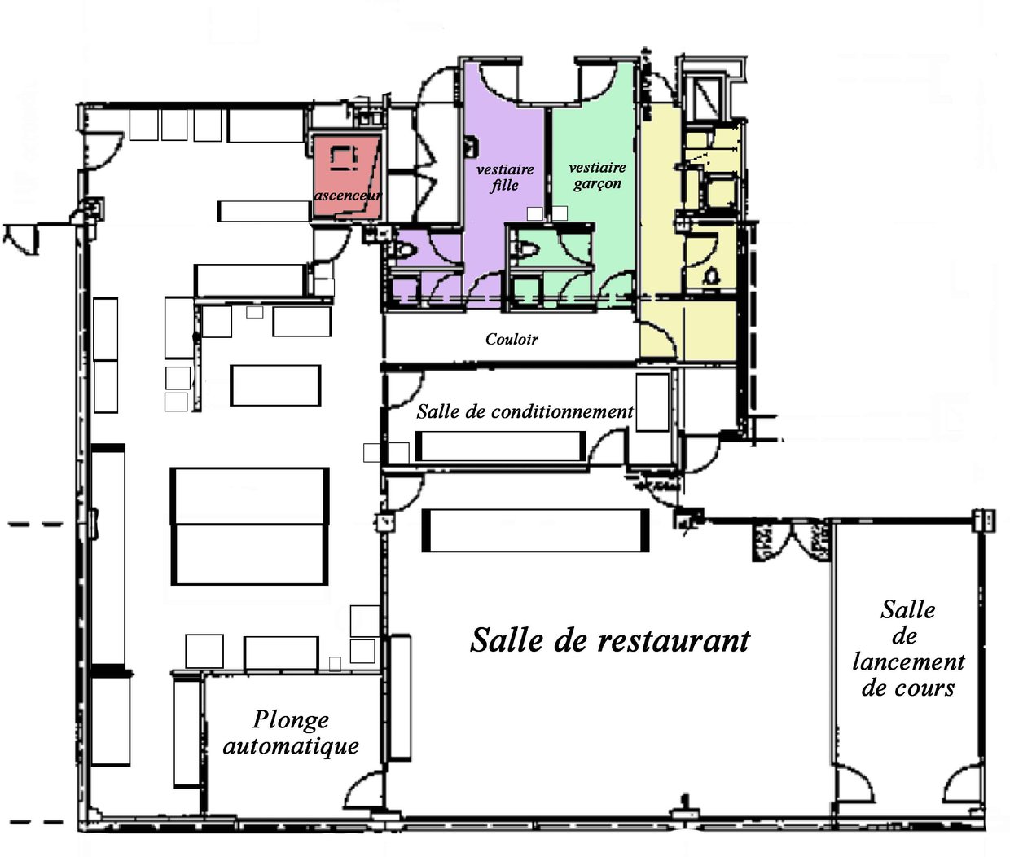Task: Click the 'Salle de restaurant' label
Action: click(610, 640)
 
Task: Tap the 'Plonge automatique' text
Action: click(291, 733)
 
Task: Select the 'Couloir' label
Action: click(512, 339)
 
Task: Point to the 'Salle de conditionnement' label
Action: click(525, 412)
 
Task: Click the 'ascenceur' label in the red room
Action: click(348, 196)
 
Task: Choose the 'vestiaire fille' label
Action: click(505, 178)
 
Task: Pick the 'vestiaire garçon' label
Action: click(597, 175)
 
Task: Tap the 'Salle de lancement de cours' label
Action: click(908, 649)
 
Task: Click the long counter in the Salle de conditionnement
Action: click(501, 446)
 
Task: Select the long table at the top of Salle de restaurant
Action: click(535, 530)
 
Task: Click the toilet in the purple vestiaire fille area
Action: click(404, 251)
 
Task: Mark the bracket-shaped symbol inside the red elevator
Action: click(345, 158)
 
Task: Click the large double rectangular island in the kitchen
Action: click(250, 526)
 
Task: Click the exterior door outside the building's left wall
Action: click(20, 239)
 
